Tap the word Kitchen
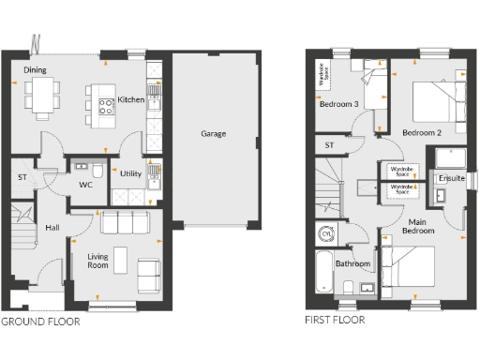tap(130, 99)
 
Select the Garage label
tap(213, 134)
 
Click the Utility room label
tap(131, 174)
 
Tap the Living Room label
tap(98, 261)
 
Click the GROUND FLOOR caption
tap(40, 321)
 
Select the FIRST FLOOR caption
tap(335, 321)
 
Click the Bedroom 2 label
tap(421, 132)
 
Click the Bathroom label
tap(352, 264)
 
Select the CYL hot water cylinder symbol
tap(327, 232)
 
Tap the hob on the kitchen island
tap(99, 98)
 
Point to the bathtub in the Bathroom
tap(322, 273)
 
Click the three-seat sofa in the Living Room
tap(125, 224)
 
